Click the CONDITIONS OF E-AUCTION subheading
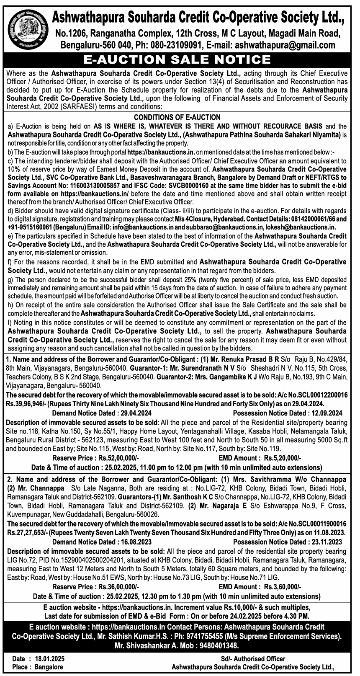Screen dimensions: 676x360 177,117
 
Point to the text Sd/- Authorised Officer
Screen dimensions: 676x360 253,659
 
